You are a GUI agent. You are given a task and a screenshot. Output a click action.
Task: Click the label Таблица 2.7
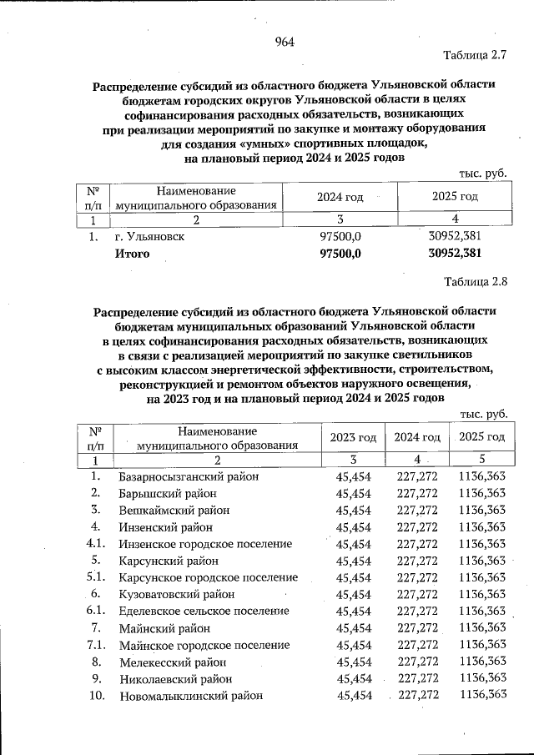click(x=476, y=57)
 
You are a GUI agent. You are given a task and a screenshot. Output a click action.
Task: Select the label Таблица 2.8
click(x=476, y=281)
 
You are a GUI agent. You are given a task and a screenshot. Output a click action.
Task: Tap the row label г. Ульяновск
click(x=151, y=236)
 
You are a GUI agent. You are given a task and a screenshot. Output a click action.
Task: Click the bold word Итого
click(x=132, y=254)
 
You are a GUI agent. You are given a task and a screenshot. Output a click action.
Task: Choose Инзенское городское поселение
click(x=205, y=544)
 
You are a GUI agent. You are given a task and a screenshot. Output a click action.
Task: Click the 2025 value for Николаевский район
click(x=483, y=678)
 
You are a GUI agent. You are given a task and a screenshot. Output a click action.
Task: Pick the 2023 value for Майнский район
click(x=353, y=628)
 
